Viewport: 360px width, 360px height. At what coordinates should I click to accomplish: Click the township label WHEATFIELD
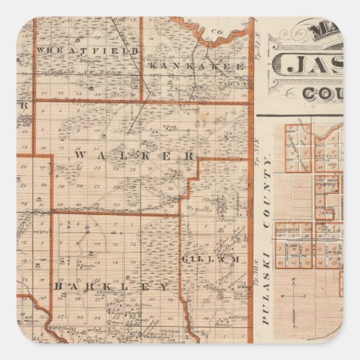[88, 51]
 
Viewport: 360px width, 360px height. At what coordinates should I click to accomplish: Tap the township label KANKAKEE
[194, 66]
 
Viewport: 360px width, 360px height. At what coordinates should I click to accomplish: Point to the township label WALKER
[135, 156]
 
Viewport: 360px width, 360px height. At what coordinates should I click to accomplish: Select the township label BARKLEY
[111, 287]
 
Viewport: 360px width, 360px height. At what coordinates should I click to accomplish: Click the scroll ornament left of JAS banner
[279, 67]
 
